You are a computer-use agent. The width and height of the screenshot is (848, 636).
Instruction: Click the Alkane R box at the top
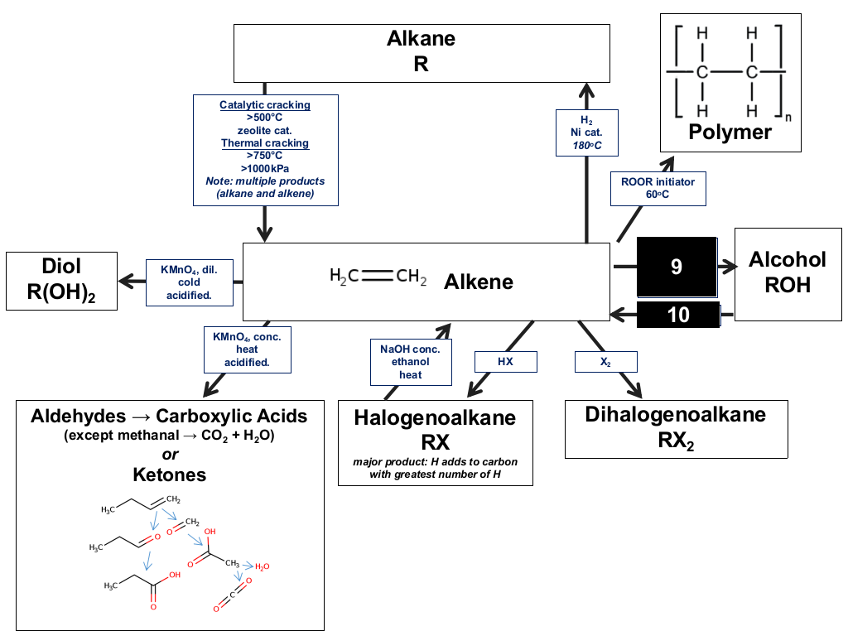pyautogui.click(x=422, y=53)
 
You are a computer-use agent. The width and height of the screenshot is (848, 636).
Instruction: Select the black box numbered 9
pyautogui.click(x=677, y=267)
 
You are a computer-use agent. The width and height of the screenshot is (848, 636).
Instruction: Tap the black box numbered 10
pyautogui.click(x=678, y=315)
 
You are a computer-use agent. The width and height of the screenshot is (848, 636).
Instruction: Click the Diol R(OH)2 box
pyautogui.click(x=61, y=281)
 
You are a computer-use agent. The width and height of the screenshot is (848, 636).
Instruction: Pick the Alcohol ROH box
pyautogui.click(x=788, y=274)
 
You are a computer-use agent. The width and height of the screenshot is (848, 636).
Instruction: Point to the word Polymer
pyautogui.click(x=730, y=132)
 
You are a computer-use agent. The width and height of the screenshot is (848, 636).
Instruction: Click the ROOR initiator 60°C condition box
pyautogui.click(x=658, y=188)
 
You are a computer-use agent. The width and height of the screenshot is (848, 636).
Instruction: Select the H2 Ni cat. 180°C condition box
pyautogui.click(x=587, y=132)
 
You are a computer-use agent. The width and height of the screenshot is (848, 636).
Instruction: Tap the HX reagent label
pyautogui.click(x=506, y=362)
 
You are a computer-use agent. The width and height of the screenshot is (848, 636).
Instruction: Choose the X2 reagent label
pyautogui.click(x=605, y=362)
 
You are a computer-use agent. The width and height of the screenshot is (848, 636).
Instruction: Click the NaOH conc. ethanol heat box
pyautogui.click(x=411, y=362)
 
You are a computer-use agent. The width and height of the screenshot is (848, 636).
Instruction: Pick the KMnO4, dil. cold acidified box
pyautogui.click(x=190, y=282)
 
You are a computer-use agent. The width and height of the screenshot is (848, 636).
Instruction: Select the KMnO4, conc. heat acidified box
pyautogui.click(x=247, y=349)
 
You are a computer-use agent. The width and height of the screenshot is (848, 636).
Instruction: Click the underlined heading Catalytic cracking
pyautogui.click(x=265, y=105)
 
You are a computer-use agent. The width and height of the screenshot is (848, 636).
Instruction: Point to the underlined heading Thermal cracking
pyautogui.click(x=265, y=143)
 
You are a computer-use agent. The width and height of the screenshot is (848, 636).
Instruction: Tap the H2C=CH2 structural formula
pyautogui.click(x=378, y=277)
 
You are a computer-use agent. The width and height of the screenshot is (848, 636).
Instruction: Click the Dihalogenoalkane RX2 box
pyautogui.click(x=676, y=429)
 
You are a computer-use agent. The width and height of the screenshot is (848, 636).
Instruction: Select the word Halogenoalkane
pyautogui.click(x=435, y=417)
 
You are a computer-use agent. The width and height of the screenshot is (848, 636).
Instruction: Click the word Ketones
pyautogui.click(x=170, y=475)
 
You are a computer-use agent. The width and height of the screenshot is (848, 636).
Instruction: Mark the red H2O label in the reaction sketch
pyautogui.click(x=263, y=566)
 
